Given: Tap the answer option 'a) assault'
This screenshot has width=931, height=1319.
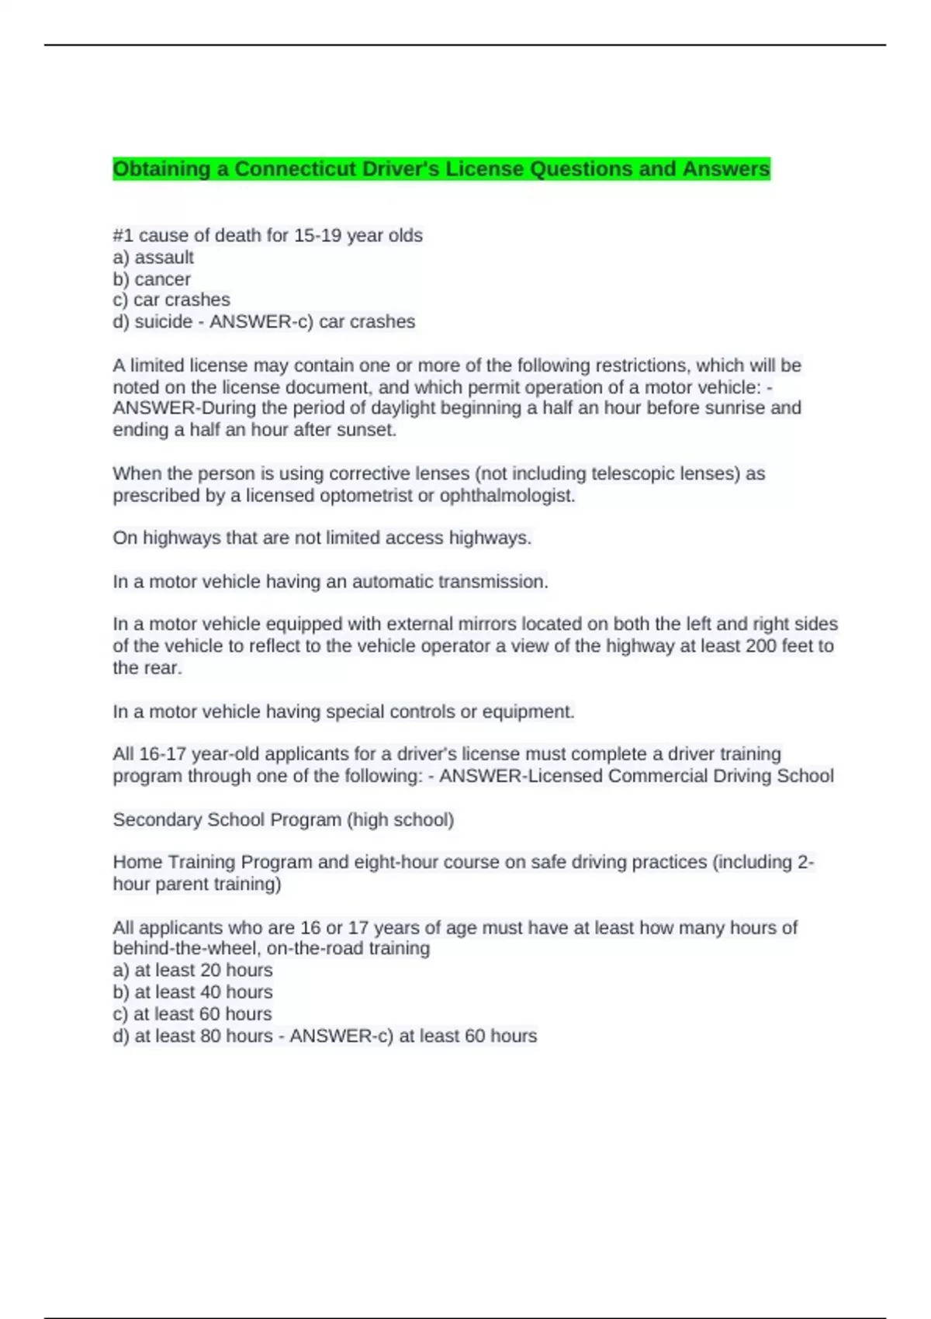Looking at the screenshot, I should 153,258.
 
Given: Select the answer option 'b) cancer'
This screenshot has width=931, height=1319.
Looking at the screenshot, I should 151,279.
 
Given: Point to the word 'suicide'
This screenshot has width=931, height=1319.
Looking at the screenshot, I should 163,322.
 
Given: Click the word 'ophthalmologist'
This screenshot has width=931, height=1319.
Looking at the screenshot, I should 507,496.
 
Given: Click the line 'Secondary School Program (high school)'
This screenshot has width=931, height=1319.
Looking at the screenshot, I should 283,820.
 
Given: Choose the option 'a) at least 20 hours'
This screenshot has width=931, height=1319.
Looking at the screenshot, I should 192,971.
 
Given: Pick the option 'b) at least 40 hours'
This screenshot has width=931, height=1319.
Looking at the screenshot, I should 192,992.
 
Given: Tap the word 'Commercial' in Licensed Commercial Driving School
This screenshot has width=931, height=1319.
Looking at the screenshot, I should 656,777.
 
